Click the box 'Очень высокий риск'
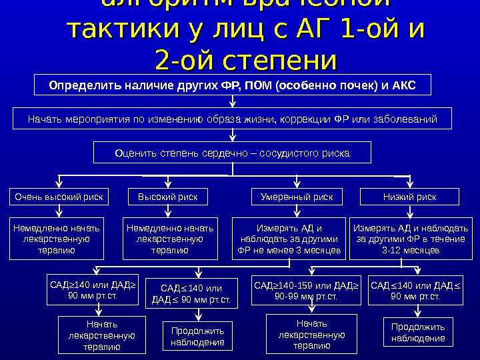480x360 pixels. pyautogui.click(x=59, y=197)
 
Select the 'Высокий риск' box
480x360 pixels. pyautogui.click(x=167, y=197)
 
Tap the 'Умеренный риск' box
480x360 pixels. pyautogui.click(x=296, y=197)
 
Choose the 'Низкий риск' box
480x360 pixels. pyautogui.click(x=409, y=197)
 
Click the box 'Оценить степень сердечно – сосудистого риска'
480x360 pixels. pyautogui.click(x=232, y=153)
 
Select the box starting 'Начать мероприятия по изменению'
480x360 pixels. pyautogui.click(x=232, y=119)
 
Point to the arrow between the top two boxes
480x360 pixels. pyautogui.click(x=233, y=102)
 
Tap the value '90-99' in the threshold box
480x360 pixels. pyautogui.click(x=288, y=296)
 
